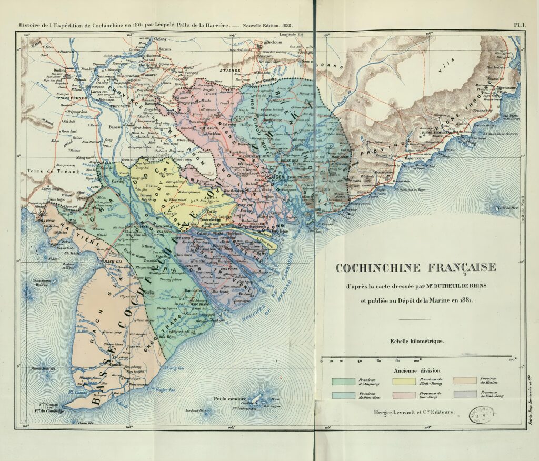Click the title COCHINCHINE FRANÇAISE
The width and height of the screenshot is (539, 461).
pos(415,268)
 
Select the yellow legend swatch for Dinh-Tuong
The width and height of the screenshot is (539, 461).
pos(404,380)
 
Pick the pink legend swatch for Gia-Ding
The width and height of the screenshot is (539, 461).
pos(404,394)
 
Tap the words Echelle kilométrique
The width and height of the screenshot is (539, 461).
pos(416,341)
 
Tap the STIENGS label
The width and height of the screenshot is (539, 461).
pos(231,69)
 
